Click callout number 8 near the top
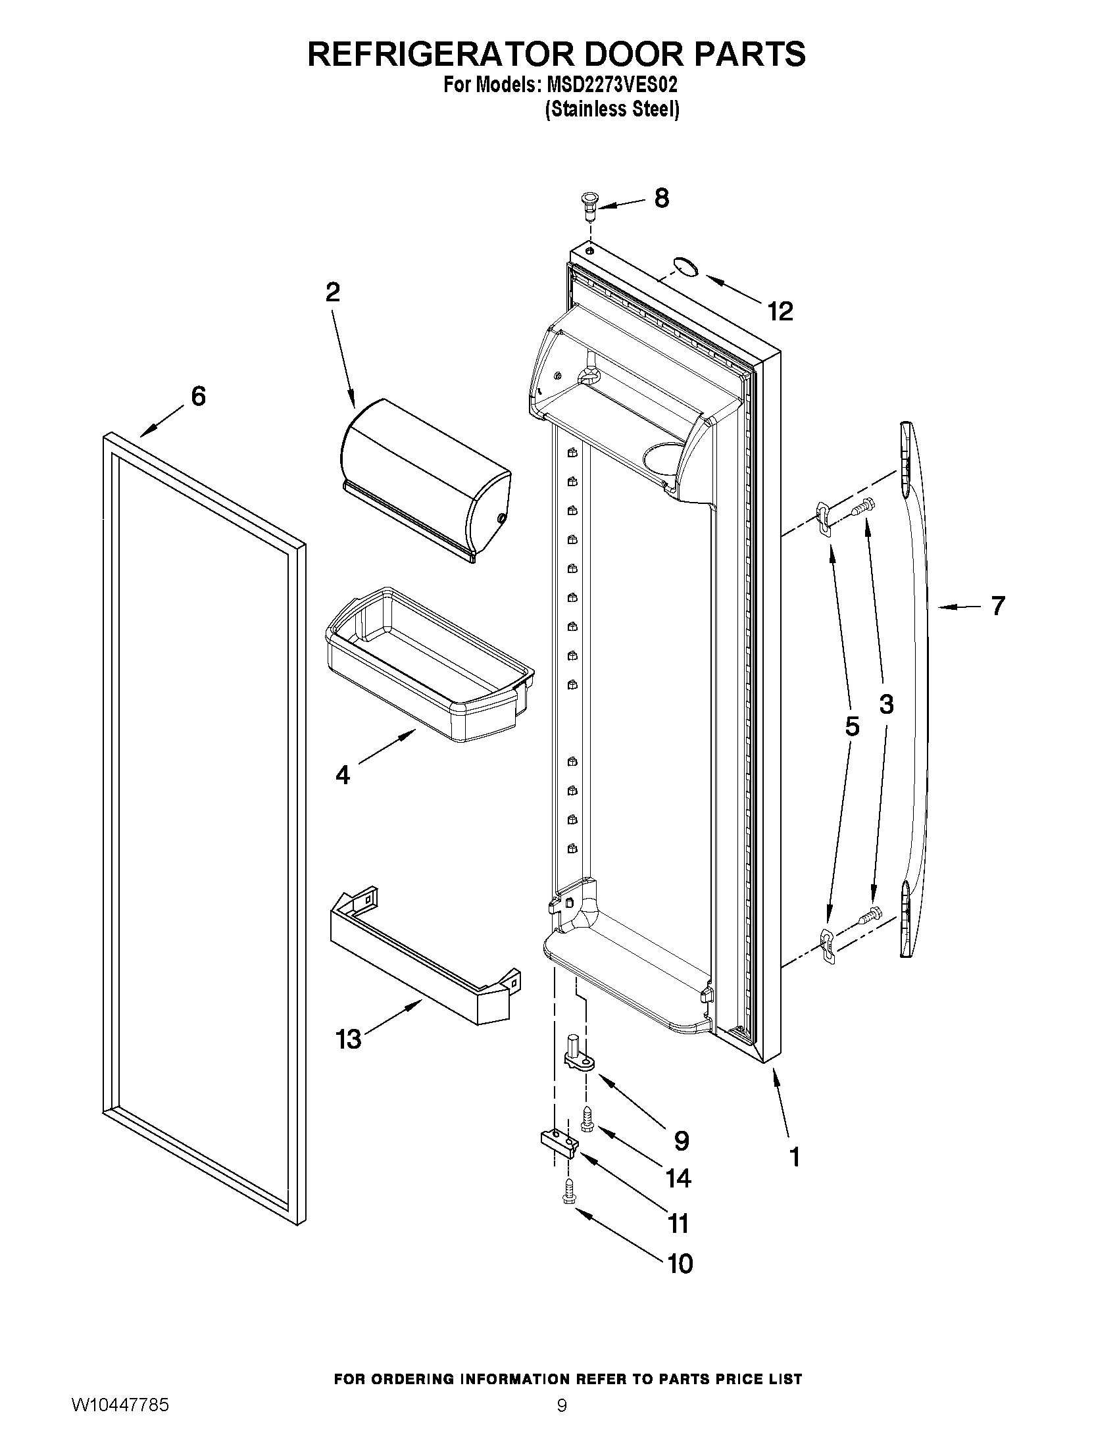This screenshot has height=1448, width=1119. [661, 198]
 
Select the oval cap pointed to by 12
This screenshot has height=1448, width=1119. [685, 266]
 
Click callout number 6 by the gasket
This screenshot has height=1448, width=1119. [198, 396]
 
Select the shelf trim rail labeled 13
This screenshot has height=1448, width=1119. [424, 955]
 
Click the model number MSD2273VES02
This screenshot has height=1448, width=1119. [612, 86]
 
